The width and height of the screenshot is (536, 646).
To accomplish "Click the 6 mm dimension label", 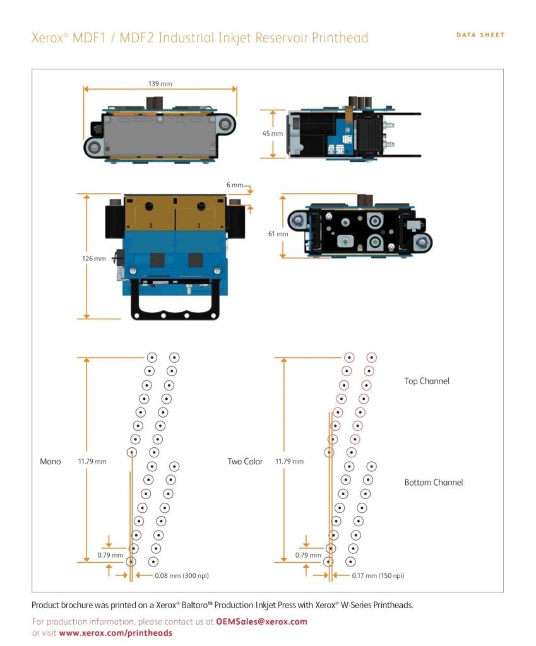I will (x=234, y=185).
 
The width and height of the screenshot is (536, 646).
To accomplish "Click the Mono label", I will (x=51, y=462).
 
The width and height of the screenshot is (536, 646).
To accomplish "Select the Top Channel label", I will (x=427, y=381).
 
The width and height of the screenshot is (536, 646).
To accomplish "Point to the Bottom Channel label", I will (x=433, y=483).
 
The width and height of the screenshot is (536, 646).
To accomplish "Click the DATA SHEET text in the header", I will (x=480, y=35).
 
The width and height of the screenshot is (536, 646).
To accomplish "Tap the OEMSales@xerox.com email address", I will (x=261, y=621).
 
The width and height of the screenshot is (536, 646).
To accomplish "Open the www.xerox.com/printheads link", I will (x=116, y=633).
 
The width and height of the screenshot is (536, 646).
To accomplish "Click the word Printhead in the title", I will (x=339, y=38).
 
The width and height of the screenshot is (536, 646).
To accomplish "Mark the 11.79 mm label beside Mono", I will (x=93, y=462).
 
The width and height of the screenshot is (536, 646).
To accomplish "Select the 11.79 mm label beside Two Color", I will (x=289, y=462).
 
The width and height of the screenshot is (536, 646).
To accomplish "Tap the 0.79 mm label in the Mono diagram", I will (x=109, y=555).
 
